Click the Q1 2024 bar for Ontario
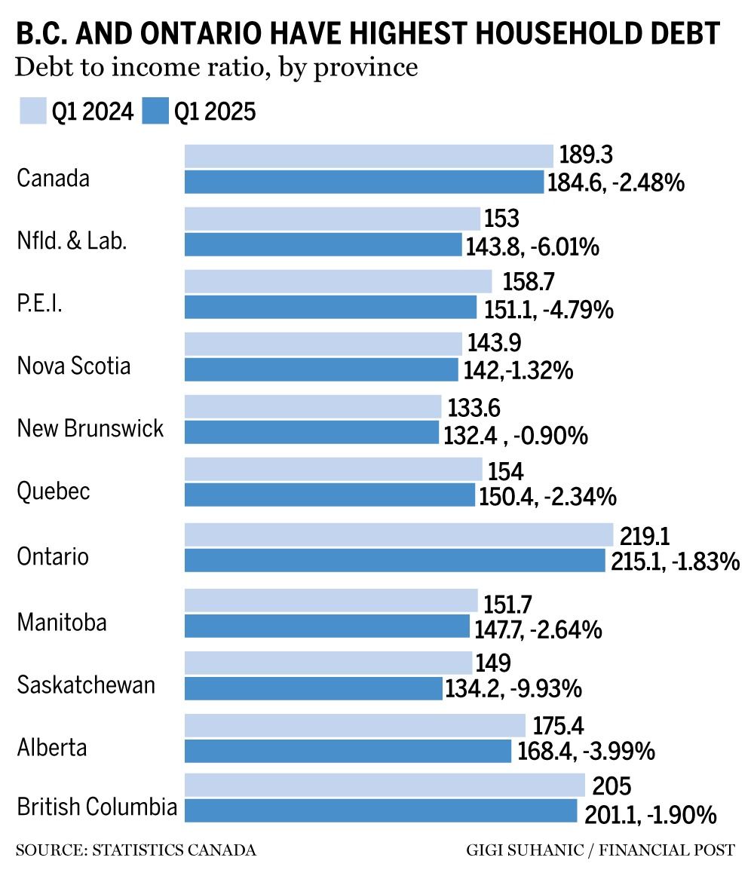coord(399,535)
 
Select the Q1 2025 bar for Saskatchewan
coord(314,688)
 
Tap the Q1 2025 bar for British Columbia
coord(381,810)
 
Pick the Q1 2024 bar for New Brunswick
coord(313,407)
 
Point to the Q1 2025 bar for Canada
coord(364,182)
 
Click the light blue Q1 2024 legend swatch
coord(32,111)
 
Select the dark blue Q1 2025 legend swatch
coord(155,111)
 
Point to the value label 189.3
coord(586,155)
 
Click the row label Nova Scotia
coord(74,366)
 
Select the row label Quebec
coord(54,492)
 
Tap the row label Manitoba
coord(61,623)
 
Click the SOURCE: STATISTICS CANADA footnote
coord(136,850)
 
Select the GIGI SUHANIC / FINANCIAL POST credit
coord(600,850)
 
